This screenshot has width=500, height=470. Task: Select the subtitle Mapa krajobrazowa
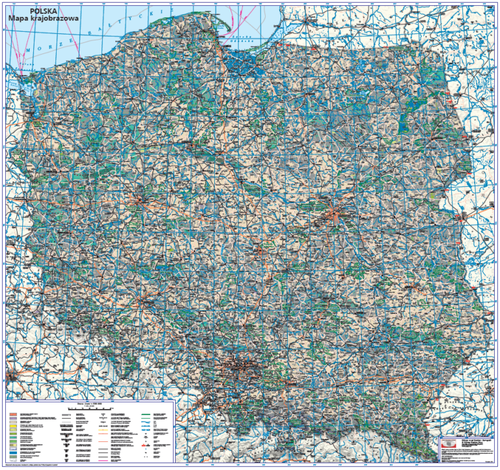[43, 19]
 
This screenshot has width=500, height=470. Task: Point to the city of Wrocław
[139, 301]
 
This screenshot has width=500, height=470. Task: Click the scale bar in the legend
[90, 408]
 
